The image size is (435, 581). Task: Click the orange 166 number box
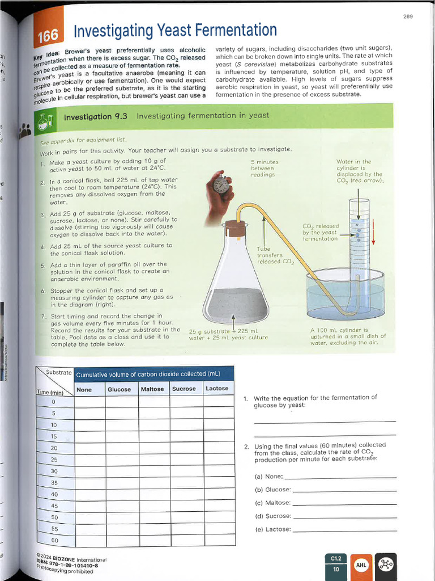click(x=48, y=36)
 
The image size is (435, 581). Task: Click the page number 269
click(x=408, y=16)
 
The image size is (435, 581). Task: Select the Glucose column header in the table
click(x=119, y=389)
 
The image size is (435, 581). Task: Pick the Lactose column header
click(x=217, y=389)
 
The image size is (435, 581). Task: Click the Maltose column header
click(x=152, y=389)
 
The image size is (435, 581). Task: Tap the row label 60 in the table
click(x=54, y=540)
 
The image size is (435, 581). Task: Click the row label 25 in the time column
click(x=54, y=460)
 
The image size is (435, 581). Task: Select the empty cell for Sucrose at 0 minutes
click(x=184, y=401)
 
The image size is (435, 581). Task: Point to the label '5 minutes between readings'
click(x=263, y=169)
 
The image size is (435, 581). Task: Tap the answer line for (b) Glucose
click(x=344, y=490)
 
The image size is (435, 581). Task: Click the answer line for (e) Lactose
click(x=344, y=531)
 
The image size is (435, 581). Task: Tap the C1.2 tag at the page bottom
click(x=335, y=559)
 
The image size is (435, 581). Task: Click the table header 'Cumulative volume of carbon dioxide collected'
click(x=148, y=374)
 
